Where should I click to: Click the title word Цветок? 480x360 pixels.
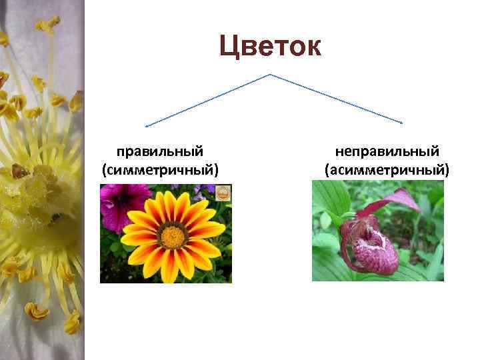270,47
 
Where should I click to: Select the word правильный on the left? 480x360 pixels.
160,152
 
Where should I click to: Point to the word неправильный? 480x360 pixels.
387,152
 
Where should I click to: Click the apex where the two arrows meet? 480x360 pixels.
269,74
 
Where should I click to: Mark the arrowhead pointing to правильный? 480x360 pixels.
147,125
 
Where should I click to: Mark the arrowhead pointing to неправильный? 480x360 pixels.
401,123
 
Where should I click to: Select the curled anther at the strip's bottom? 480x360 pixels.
37,311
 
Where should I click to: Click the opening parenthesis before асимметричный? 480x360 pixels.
327,170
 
